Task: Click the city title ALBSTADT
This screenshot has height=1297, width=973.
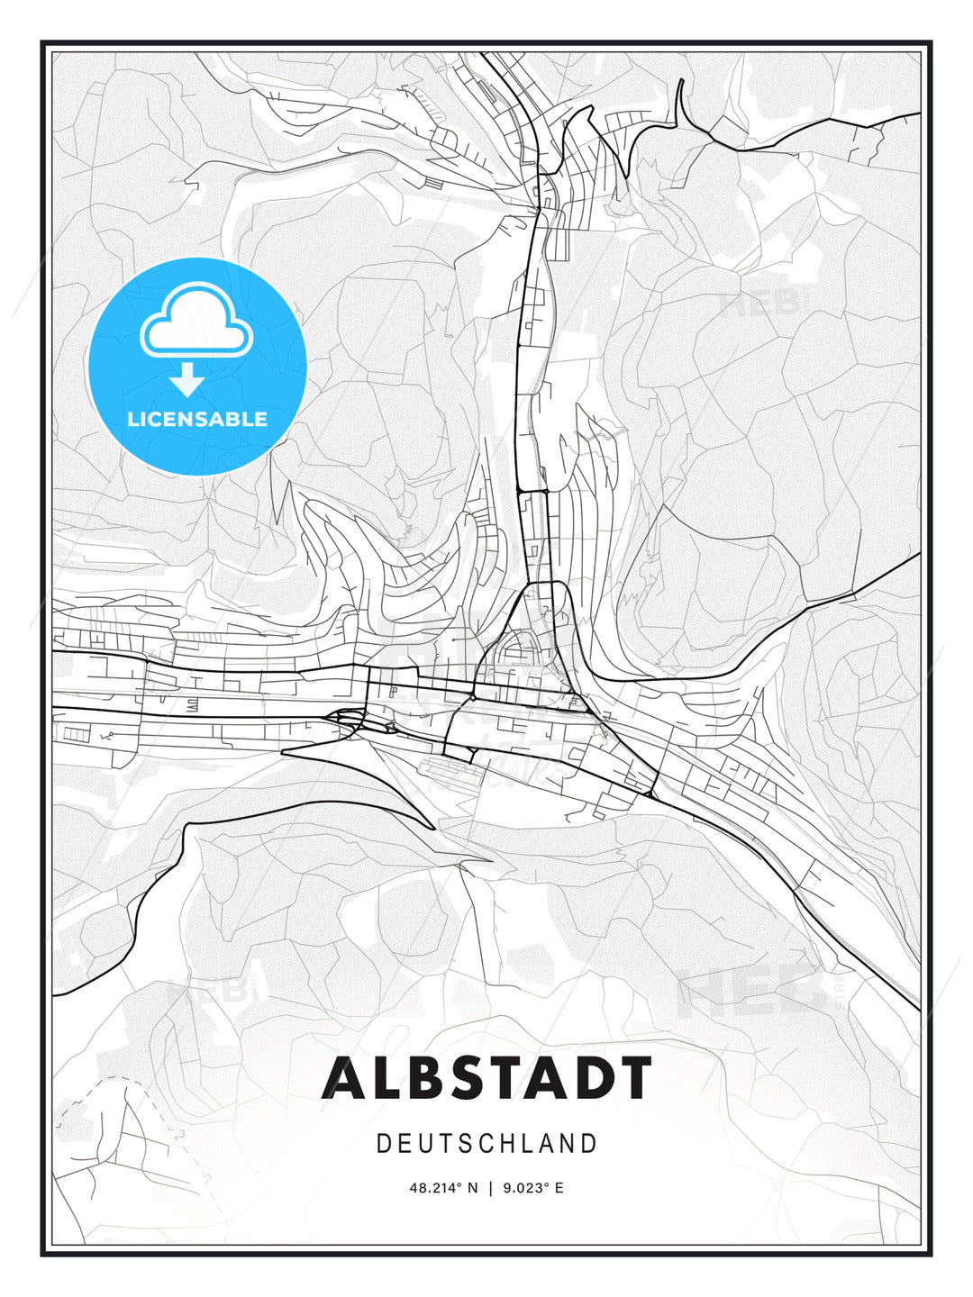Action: (486, 1077)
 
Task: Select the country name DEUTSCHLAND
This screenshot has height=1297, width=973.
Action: (486, 1144)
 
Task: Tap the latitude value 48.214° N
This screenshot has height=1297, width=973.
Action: (444, 1188)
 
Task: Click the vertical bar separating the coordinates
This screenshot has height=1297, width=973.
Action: (490, 1188)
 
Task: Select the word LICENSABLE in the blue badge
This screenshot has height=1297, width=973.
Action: (197, 419)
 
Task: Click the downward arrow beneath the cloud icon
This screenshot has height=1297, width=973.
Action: (187, 380)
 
